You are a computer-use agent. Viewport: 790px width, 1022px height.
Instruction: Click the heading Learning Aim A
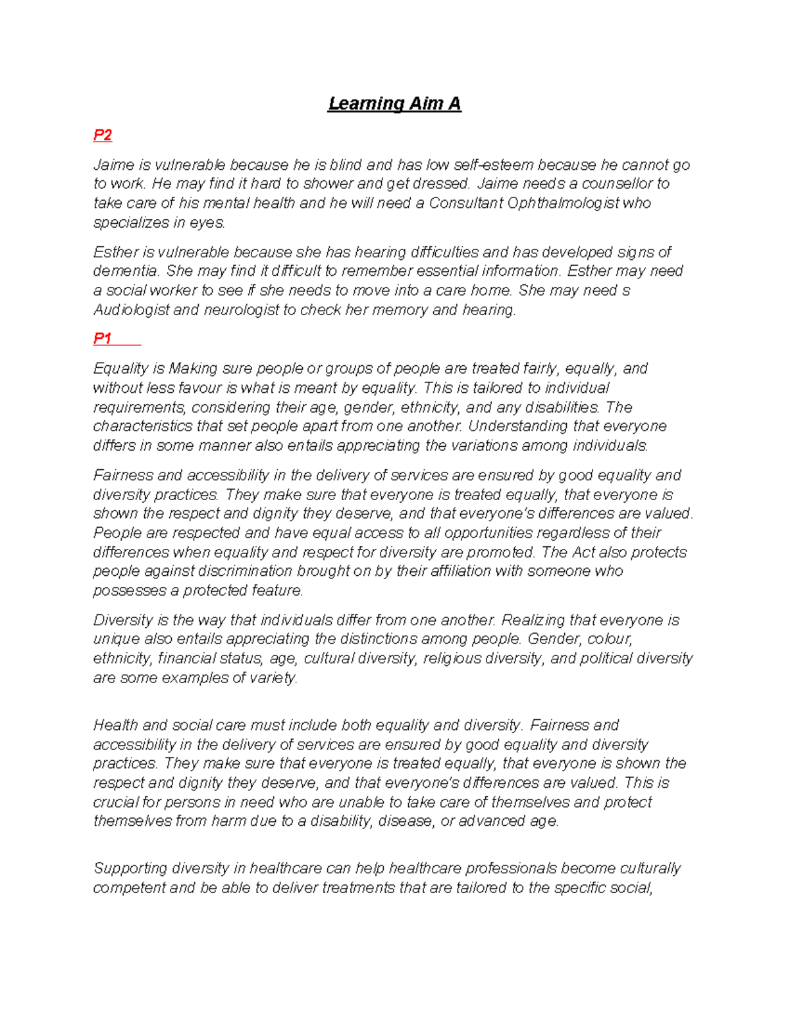pyautogui.click(x=394, y=104)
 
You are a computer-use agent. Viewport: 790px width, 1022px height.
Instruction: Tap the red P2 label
pyautogui.click(x=102, y=136)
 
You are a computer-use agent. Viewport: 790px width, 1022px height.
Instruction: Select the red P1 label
pyautogui.click(x=102, y=339)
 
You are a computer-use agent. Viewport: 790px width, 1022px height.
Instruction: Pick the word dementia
pyautogui.click(x=126, y=271)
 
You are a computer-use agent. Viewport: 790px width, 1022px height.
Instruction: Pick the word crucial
pyautogui.click(x=117, y=803)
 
